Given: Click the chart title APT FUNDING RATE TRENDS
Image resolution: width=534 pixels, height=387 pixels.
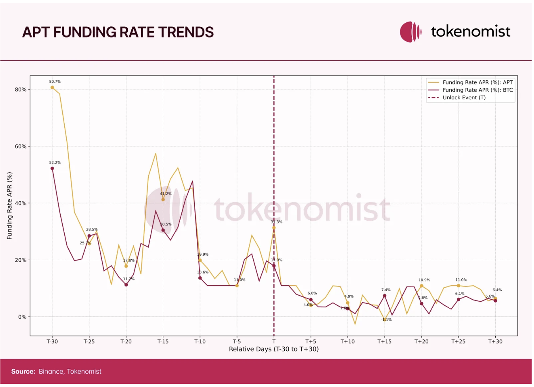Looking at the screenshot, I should (x=118, y=32).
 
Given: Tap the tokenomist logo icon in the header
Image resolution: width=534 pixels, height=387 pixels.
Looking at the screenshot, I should (x=411, y=32).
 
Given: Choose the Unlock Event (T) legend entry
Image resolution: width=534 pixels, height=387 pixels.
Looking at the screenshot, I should (x=464, y=97).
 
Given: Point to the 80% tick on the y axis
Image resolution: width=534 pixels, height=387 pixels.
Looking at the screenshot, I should (x=21, y=89).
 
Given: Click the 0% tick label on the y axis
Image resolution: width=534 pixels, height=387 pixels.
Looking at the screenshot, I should (x=22, y=317).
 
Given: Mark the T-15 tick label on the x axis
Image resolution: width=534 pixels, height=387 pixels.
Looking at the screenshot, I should (x=163, y=341).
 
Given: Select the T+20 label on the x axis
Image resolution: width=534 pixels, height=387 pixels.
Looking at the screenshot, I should (x=421, y=341).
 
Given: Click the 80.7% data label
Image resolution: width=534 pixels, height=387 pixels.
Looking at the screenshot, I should (x=55, y=82).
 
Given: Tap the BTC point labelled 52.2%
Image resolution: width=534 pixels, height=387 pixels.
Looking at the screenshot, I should (x=52, y=168).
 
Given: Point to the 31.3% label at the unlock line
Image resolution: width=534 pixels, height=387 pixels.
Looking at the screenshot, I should (x=276, y=222).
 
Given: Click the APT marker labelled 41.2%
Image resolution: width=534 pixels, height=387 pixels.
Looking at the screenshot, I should (x=163, y=199).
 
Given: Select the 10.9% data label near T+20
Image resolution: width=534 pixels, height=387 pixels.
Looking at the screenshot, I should (x=424, y=280).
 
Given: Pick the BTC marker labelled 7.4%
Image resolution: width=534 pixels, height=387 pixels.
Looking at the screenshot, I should (x=385, y=296).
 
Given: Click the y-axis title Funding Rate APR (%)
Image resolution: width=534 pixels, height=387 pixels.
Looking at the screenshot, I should (x=9, y=206).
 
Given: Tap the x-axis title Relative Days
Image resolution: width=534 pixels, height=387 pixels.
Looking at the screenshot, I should (x=274, y=349).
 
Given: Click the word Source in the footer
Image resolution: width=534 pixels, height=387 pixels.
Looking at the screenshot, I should (x=23, y=371).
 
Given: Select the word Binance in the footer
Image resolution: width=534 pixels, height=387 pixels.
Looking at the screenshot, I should (x=51, y=371).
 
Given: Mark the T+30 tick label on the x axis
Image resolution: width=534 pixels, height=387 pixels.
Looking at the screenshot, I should (x=495, y=341).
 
